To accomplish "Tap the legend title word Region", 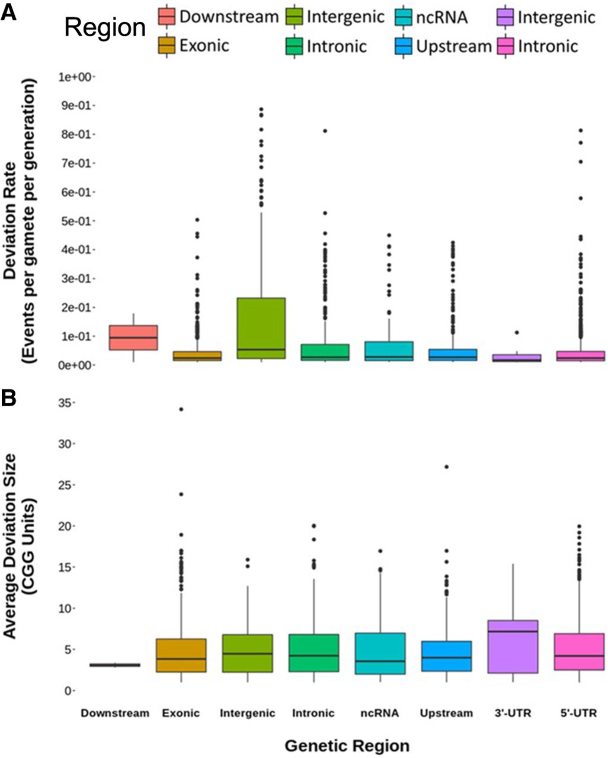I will click(x=105, y=27).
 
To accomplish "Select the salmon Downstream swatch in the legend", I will click(x=167, y=17).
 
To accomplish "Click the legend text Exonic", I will click(x=204, y=46).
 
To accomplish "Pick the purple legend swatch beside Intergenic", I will click(x=504, y=17).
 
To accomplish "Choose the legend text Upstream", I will click(x=454, y=46).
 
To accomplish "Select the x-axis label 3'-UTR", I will click(x=513, y=714).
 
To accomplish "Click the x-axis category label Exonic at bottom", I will click(x=181, y=714).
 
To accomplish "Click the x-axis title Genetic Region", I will click(x=346, y=744).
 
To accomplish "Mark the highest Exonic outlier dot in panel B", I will click(x=181, y=409).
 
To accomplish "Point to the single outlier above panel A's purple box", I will click(x=517, y=333).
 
